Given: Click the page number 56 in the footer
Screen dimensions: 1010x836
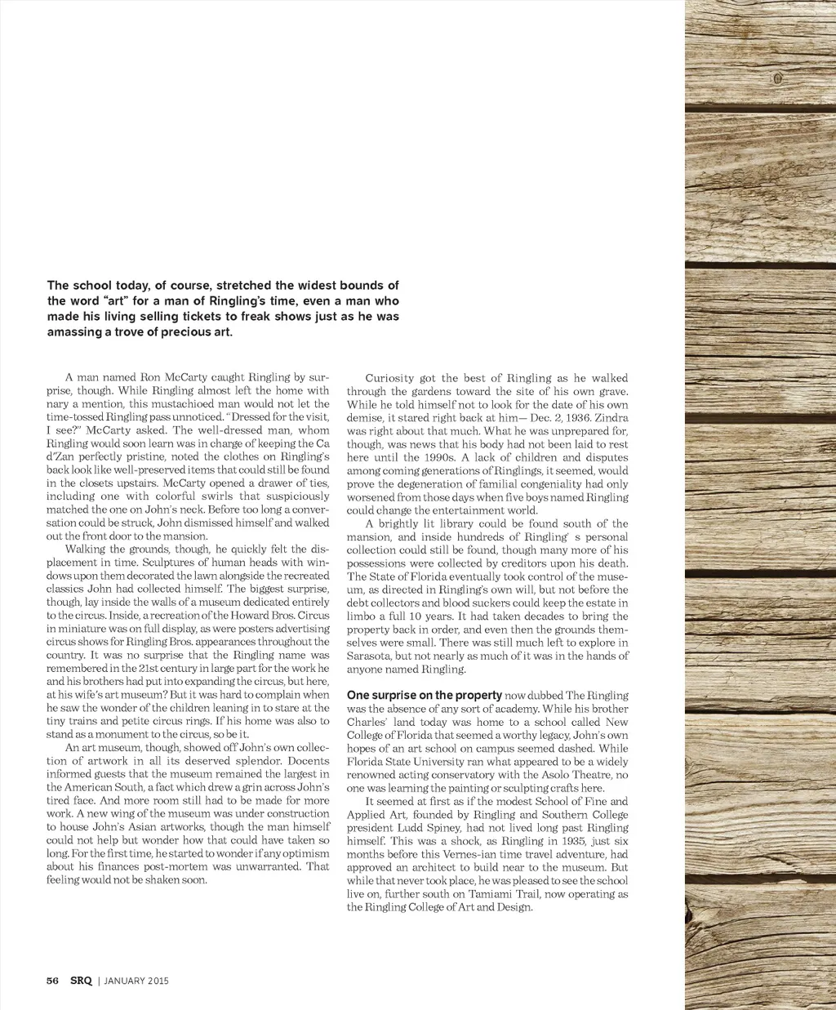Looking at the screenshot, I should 52,981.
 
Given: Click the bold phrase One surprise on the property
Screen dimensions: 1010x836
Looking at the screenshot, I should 424,696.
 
